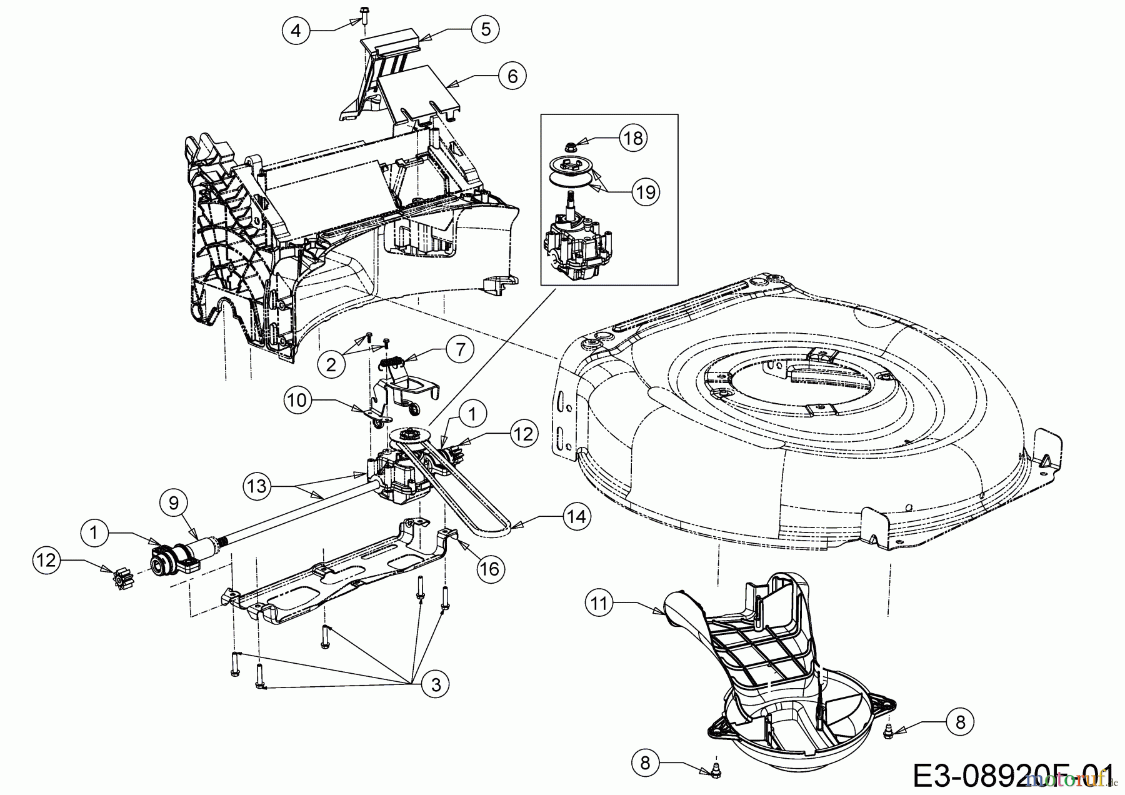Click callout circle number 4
click(x=297, y=29)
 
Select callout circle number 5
click(x=485, y=29)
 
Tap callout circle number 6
click(x=512, y=76)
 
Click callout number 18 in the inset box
click(x=633, y=137)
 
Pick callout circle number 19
click(x=646, y=191)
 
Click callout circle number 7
click(x=460, y=349)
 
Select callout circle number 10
click(x=298, y=399)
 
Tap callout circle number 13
click(x=257, y=486)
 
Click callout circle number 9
click(x=174, y=501)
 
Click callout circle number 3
click(x=435, y=684)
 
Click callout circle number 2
click(x=331, y=363)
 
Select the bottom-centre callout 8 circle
click(x=646, y=762)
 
